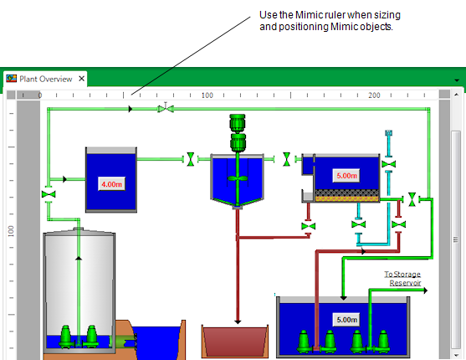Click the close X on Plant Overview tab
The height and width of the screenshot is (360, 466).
point(81,79)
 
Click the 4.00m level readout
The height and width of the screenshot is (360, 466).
point(112,184)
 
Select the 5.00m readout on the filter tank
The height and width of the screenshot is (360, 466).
point(346,176)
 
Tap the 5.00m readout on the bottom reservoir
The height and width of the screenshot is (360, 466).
point(346,320)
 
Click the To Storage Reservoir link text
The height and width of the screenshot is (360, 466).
point(402,279)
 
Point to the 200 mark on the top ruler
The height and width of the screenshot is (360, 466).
point(374,95)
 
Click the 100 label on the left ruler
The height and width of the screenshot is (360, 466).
point(11,231)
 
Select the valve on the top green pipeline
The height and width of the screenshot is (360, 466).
point(166,108)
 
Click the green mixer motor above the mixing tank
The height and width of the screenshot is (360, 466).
point(238,133)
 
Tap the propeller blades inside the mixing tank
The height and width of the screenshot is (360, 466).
point(238,178)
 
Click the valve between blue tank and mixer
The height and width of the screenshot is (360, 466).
point(191,159)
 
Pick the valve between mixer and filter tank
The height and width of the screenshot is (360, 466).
point(286,159)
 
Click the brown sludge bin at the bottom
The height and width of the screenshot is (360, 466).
point(235,342)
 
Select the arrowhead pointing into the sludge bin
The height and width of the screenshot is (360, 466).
point(238,322)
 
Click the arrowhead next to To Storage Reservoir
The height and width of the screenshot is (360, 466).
point(426,291)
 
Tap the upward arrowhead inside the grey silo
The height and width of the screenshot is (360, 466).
point(79,258)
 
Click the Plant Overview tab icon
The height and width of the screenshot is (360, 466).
point(11,79)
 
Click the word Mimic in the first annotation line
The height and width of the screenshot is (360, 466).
point(307,15)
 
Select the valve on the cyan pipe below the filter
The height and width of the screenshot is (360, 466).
point(358,224)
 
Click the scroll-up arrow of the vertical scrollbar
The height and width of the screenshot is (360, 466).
point(456,95)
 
